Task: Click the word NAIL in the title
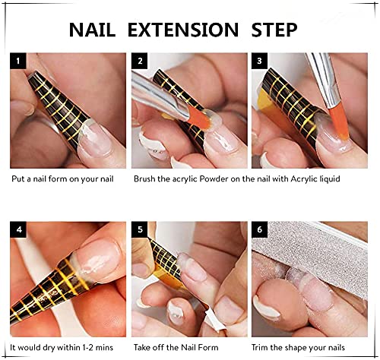pyautogui.click(x=92, y=30)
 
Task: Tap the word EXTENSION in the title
pyautogui.click(x=183, y=30)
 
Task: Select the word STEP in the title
pyautogui.click(x=274, y=30)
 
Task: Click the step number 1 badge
pyautogui.click(x=18, y=61)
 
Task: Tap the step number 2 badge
pyautogui.click(x=140, y=61)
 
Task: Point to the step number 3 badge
pyautogui.click(x=259, y=61)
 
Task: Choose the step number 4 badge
pyautogui.click(x=18, y=229)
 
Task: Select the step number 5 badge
pyautogui.click(x=140, y=229)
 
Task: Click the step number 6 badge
pyautogui.click(x=259, y=229)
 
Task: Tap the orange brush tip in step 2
pyautogui.click(x=199, y=118)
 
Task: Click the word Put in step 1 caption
pyautogui.click(x=18, y=179)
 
